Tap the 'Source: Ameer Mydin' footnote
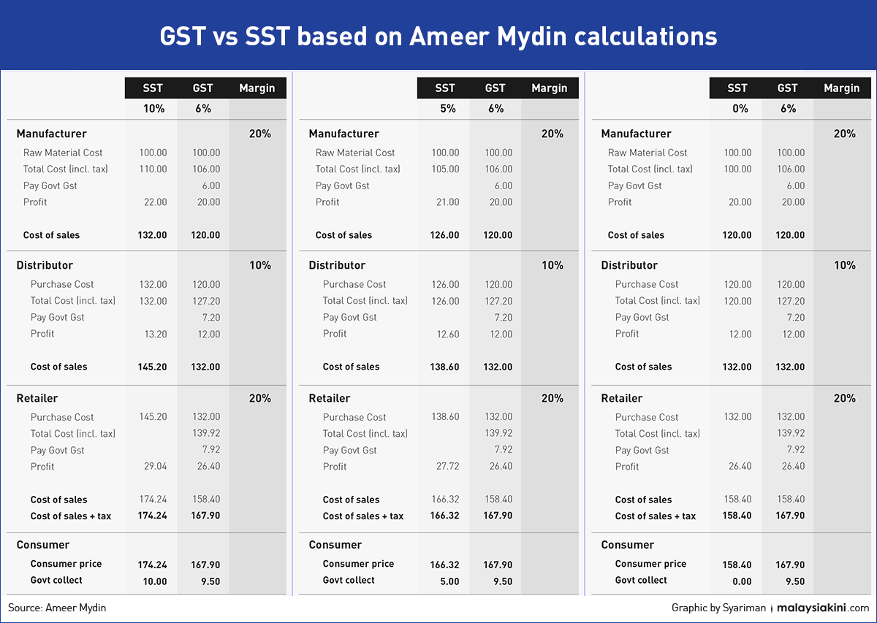coord(57,608)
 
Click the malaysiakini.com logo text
coord(823,608)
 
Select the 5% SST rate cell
coord(448,108)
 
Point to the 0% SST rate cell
coord(740,108)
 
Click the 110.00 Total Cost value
coord(153,169)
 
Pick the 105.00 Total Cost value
coord(446,169)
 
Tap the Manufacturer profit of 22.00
coord(156,202)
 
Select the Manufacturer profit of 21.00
coord(448,202)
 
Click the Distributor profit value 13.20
coord(156,335)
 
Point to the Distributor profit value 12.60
coord(448,335)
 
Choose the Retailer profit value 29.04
coord(156,466)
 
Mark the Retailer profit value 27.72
coord(448,466)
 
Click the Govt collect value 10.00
coord(155,581)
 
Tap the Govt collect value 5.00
coord(450,581)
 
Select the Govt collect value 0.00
coord(743,581)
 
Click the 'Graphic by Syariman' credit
coord(719,608)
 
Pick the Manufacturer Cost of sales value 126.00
coord(445,235)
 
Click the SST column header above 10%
coord(153,88)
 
